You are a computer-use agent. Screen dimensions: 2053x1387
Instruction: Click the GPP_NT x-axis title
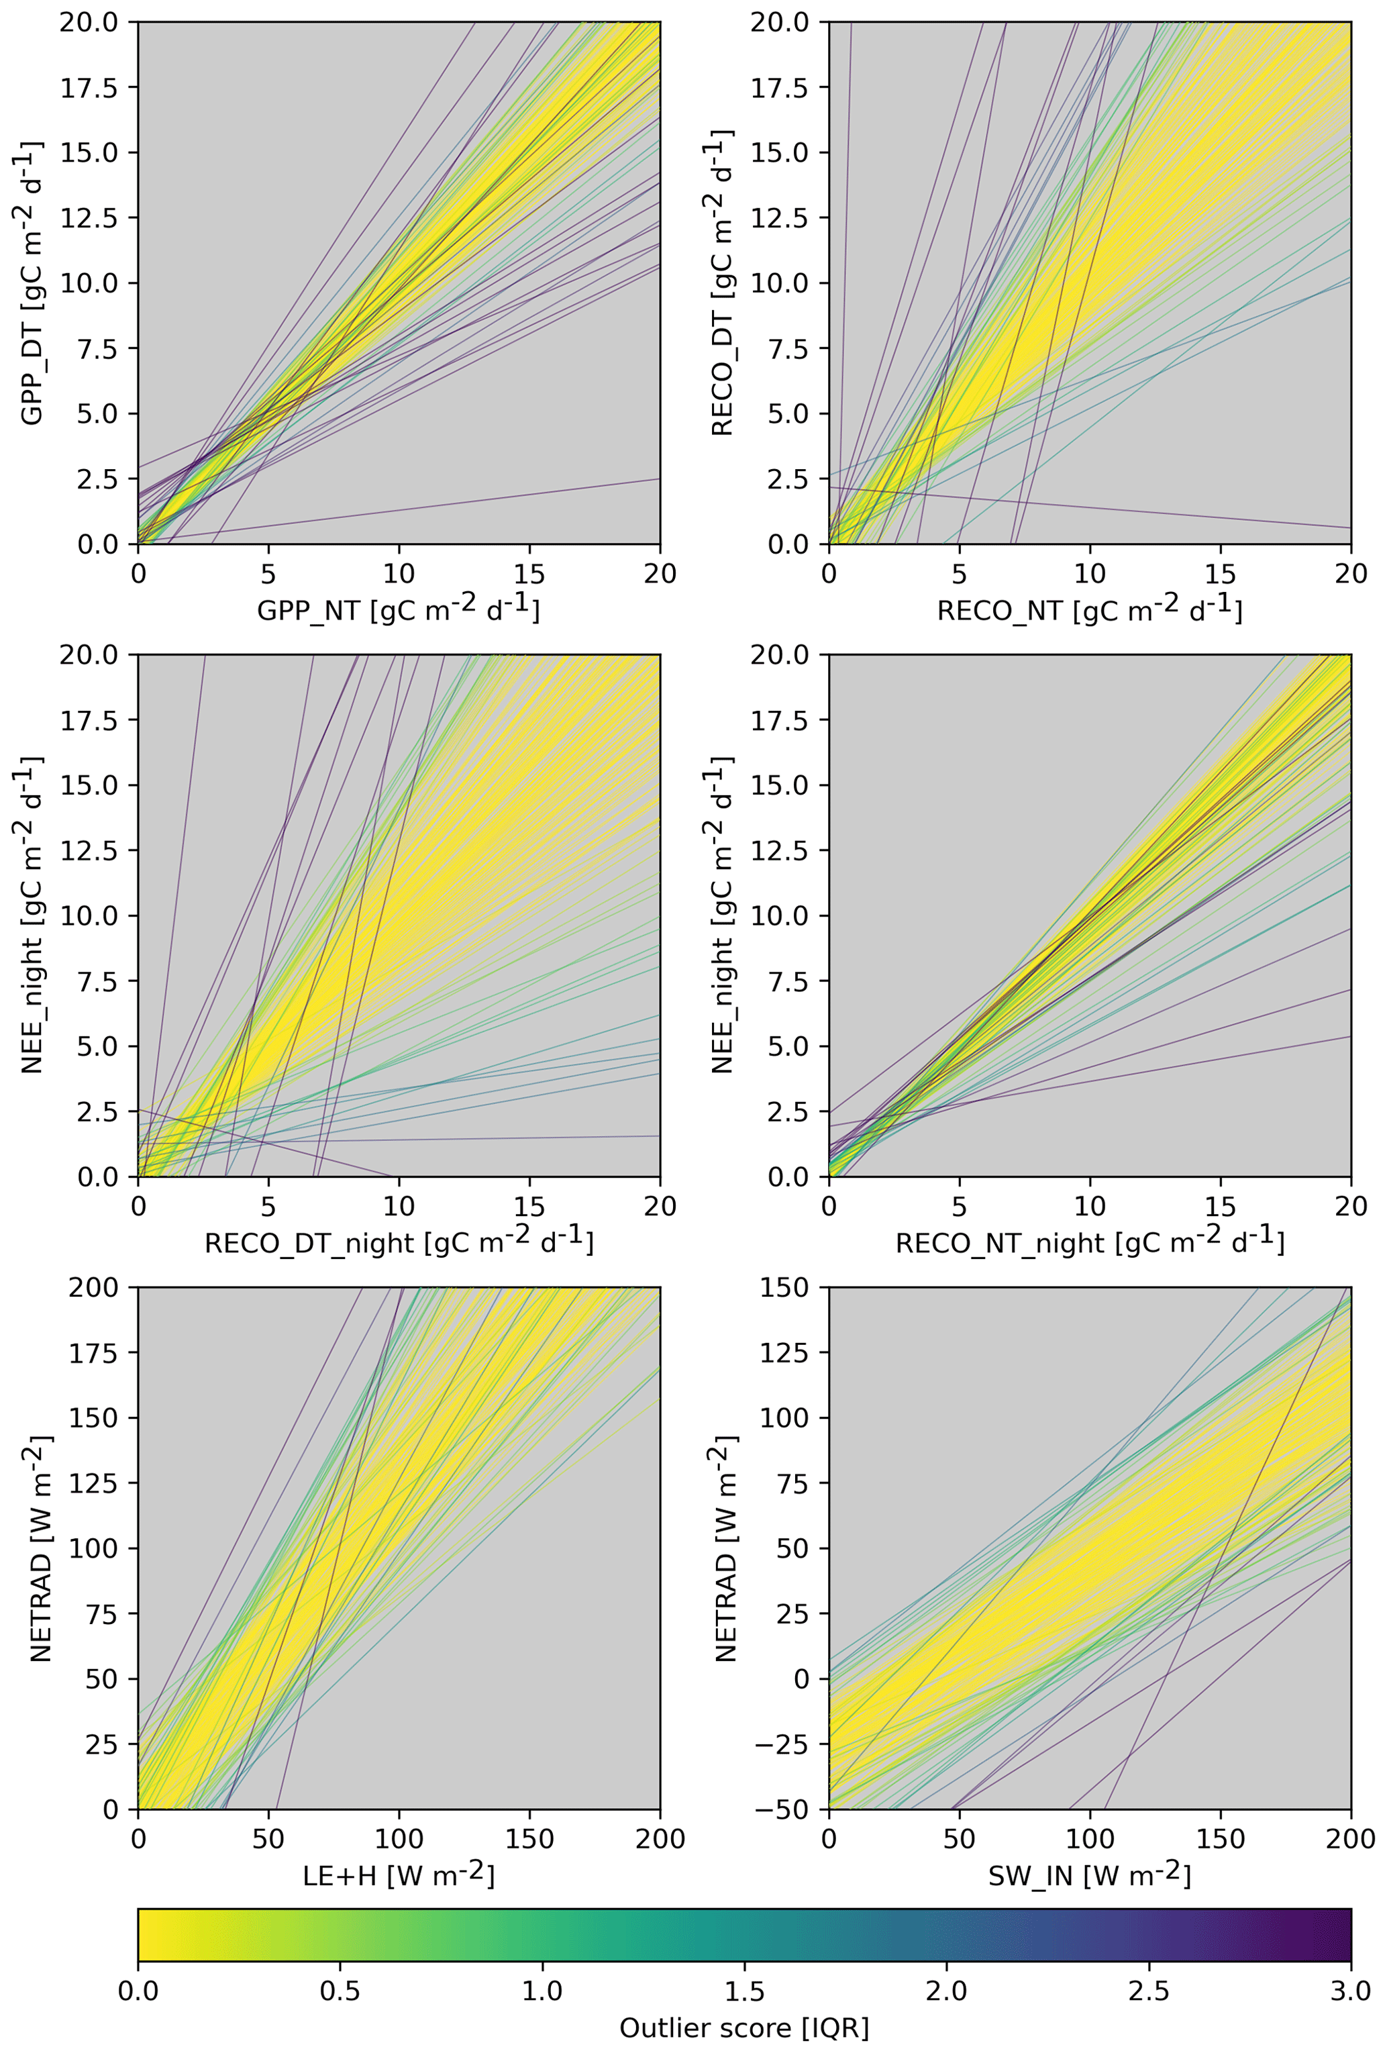pyautogui.click(x=399, y=609)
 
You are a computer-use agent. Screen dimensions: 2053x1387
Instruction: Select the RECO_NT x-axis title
pyautogui.click(x=1089, y=609)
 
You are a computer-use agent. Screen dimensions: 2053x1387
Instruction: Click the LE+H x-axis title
pyautogui.click(x=399, y=1874)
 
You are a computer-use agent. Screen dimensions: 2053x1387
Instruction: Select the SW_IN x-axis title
pyautogui.click(x=1089, y=1874)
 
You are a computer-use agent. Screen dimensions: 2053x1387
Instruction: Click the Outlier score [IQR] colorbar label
pyautogui.click(x=744, y=2027)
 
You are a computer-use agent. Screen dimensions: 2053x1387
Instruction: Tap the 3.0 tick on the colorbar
pyautogui.click(x=1350, y=1991)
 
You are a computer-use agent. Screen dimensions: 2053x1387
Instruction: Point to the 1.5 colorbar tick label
pyautogui.click(x=744, y=1991)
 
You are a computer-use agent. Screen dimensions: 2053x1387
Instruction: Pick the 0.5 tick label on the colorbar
pyautogui.click(x=340, y=1991)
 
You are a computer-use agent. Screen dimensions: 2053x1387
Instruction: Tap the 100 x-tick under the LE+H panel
pyautogui.click(x=399, y=1838)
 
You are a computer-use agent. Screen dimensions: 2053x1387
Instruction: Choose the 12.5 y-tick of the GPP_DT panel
pyautogui.click(x=89, y=217)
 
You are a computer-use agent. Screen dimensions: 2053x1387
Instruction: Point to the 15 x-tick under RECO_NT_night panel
pyautogui.click(x=1220, y=1206)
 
